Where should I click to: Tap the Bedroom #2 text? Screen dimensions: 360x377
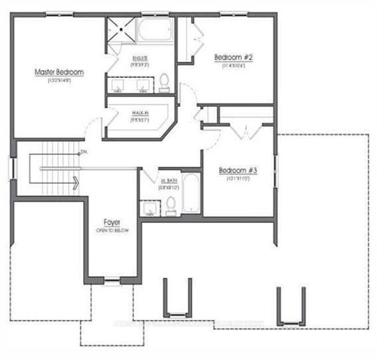tap(233, 57)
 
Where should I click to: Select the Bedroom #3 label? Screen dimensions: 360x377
tap(237, 170)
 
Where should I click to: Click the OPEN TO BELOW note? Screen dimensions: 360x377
tap(111, 230)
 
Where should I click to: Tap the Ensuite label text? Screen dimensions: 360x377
tap(140, 59)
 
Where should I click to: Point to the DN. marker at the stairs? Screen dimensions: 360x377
tap(83, 152)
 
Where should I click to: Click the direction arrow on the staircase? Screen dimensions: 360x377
tap(77, 181)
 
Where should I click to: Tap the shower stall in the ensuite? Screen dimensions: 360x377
tap(121, 32)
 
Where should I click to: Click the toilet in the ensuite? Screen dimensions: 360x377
tap(164, 83)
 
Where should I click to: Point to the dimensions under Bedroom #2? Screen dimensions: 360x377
tap(232, 66)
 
